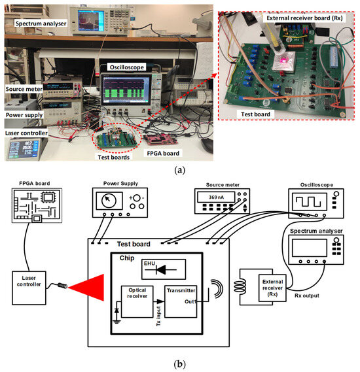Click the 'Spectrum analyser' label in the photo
pyautogui.click(x=41, y=24)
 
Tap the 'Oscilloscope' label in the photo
pyautogui.click(x=126, y=67)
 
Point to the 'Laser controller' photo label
pyautogui.click(x=26, y=133)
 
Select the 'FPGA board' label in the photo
pyautogui.click(x=163, y=154)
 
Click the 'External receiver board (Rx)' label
pyautogui.click(x=304, y=18)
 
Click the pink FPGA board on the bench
pyautogui.click(x=162, y=139)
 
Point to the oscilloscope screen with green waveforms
pyautogui.click(x=126, y=90)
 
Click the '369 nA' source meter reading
pyautogui.click(x=216, y=197)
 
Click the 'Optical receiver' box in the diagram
pyautogui.click(x=137, y=301)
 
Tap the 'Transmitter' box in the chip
pyautogui.click(x=181, y=301)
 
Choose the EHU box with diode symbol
pyautogui.click(x=164, y=269)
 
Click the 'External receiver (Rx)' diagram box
pyautogui.click(x=272, y=288)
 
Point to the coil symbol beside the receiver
pyautogui.click(x=240, y=286)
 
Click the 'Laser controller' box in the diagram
pyautogui.click(x=29, y=288)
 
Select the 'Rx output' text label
pyautogui.click(x=307, y=296)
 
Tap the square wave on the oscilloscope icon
pyautogui.click(x=308, y=201)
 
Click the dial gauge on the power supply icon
pyautogui.click(x=109, y=201)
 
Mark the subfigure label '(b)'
pyautogui.click(x=179, y=364)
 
